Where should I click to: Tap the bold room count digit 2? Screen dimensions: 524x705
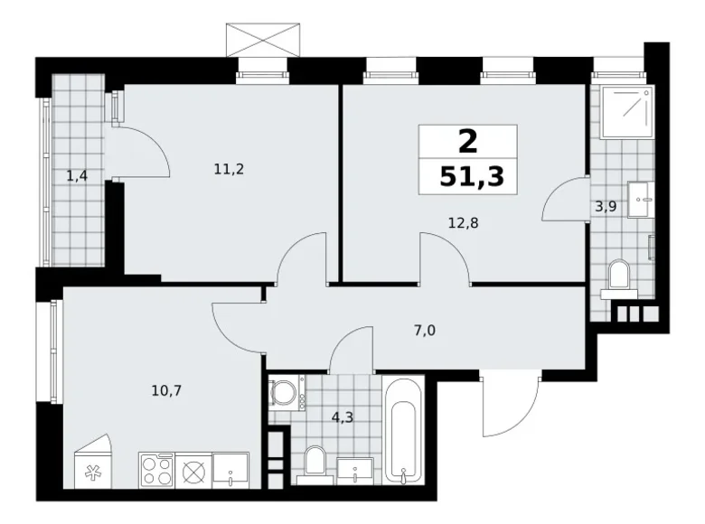click(x=467, y=141)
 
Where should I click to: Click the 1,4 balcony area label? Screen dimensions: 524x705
click(x=77, y=175)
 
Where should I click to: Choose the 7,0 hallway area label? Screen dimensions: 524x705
click(x=424, y=330)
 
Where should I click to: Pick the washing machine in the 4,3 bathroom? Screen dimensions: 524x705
click(x=286, y=393)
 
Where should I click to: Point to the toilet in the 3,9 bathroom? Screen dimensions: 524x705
click(x=620, y=275)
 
